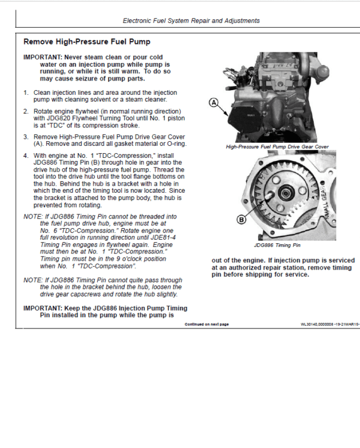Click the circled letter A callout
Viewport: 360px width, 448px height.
[213, 103]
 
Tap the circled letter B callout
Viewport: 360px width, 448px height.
[242, 220]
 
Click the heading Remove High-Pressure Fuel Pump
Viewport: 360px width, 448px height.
[86, 42]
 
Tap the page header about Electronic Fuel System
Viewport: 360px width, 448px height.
[191, 20]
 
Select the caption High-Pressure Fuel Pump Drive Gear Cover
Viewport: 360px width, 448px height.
[277, 147]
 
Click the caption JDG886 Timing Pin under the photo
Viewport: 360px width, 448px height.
[277, 245]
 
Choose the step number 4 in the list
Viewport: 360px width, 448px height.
[26, 156]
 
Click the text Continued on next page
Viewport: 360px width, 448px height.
[206, 324]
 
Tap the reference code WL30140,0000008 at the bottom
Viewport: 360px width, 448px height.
[320, 324]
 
